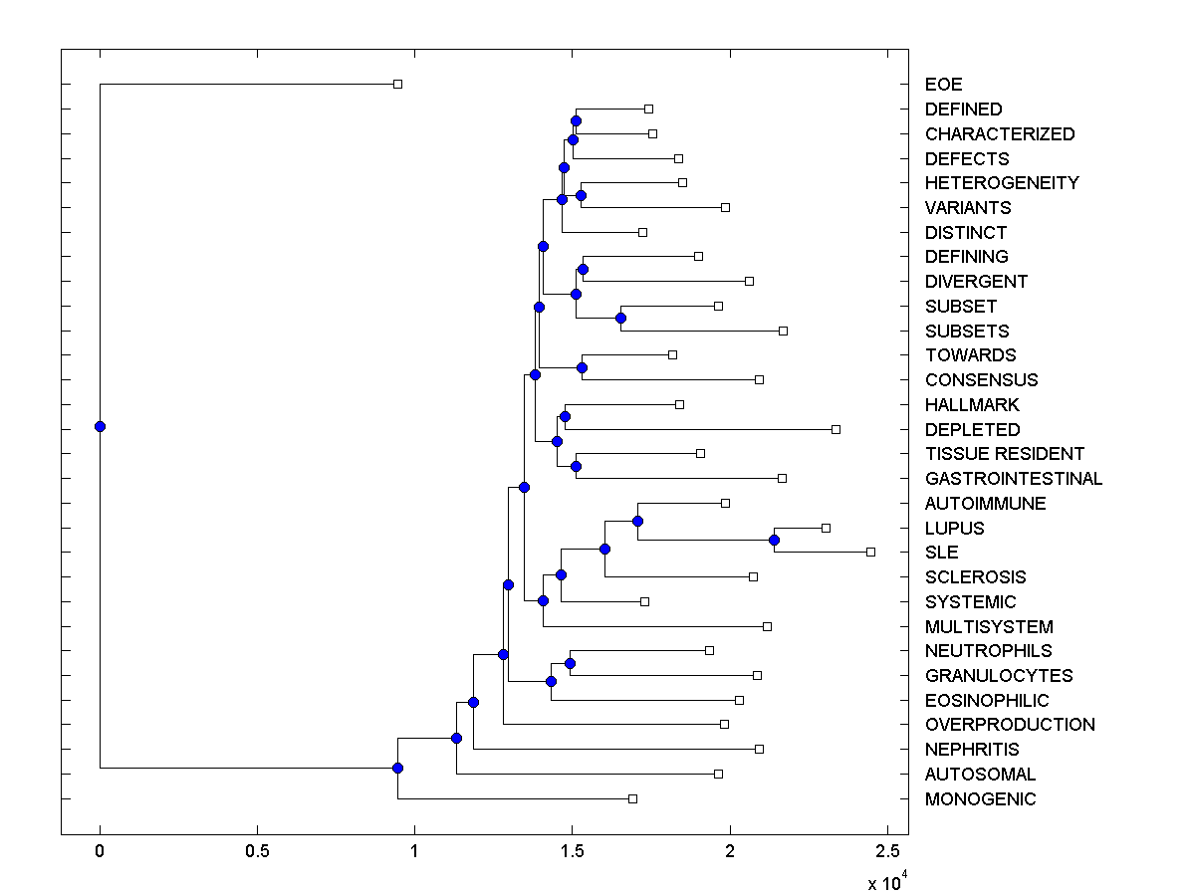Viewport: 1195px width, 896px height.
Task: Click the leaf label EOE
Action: point(943,85)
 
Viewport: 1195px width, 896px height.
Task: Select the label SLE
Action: point(941,553)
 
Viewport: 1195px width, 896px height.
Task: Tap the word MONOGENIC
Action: point(980,799)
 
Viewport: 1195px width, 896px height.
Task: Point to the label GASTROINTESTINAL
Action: point(1013,479)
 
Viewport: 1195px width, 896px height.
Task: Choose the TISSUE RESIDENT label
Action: point(1004,454)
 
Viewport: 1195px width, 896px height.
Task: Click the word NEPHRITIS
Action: point(972,750)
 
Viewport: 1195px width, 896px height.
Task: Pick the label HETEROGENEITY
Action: point(1001,183)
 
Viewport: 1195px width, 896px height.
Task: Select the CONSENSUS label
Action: point(981,380)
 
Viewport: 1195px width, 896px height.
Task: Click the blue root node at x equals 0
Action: point(100,426)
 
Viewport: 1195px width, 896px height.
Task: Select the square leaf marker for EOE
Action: point(397,84)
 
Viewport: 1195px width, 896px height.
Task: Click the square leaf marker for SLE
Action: point(870,552)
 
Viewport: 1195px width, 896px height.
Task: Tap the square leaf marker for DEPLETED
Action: point(836,429)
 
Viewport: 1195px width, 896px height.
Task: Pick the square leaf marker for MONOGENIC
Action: point(632,798)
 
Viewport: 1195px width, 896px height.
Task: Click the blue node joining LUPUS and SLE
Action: point(774,540)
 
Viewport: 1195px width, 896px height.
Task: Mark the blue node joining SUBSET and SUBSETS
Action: point(620,319)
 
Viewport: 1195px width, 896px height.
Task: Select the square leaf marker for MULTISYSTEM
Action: point(767,626)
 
